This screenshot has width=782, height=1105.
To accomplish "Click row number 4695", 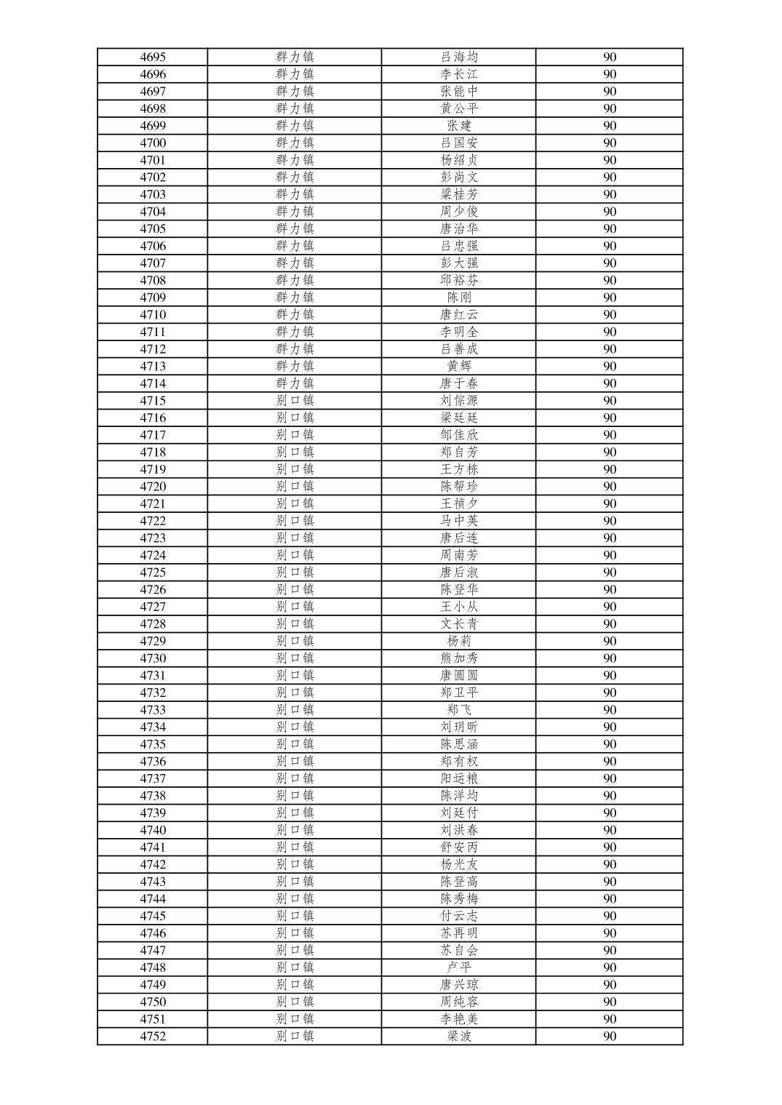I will pyautogui.click(x=153, y=57).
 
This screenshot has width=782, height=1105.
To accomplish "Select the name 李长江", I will pyautogui.click(x=459, y=74).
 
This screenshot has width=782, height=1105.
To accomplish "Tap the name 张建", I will pyautogui.click(x=459, y=126).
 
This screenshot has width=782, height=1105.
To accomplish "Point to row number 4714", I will pyautogui.click(x=153, y=383).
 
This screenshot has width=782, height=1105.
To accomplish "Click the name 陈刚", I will pyautogui.click(x=459, y=298).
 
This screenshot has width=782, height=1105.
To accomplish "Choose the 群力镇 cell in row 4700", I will pyautogui.click(x=295, y=143).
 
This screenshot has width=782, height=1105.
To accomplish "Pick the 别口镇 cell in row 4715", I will pyautogui.click(x=295, y=401).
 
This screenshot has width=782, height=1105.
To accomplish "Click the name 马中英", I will pyautogui.click(x=459, y=521).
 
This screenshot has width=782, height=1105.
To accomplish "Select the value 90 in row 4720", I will pyautogui.click(x=610, y=487).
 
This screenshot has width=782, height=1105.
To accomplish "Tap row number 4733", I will pyautogui.click(x=153, y=710).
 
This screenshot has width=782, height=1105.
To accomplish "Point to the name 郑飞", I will pyautogui.click(x=459, y=710).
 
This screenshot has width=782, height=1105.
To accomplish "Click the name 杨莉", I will pyautogui.click(x=459, y=641).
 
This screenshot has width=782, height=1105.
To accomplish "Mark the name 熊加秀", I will pyautogui.click(x=459, y=658).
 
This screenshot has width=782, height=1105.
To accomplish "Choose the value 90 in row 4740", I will pyautogui.click(x=610, y=830).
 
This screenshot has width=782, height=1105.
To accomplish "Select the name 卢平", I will pyautogui.click(x=459, y=968).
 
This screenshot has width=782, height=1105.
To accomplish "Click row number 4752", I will pyautogui.click(x=153, y=1037).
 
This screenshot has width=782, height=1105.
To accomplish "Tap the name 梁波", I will pyautogui.click(x=459, y=1037).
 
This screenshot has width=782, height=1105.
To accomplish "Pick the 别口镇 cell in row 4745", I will pyautogui.click(x=295, y=916).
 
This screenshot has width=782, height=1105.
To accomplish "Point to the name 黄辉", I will pyautogui.click(x=459, y=366).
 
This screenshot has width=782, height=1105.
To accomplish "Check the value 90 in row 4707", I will pyautogui.click(x=610, y=263).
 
